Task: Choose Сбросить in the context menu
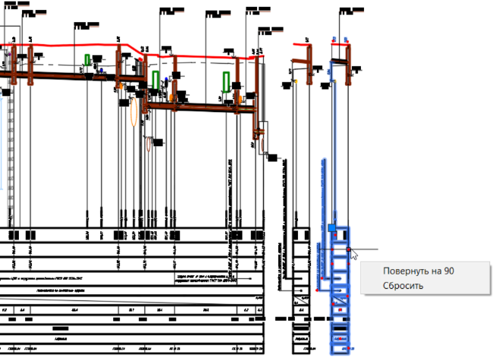point(403,286)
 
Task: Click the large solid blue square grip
point(331,227)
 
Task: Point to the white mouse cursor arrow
point(353,254)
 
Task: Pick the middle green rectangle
point(155,80)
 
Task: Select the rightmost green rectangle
point(227,81)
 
